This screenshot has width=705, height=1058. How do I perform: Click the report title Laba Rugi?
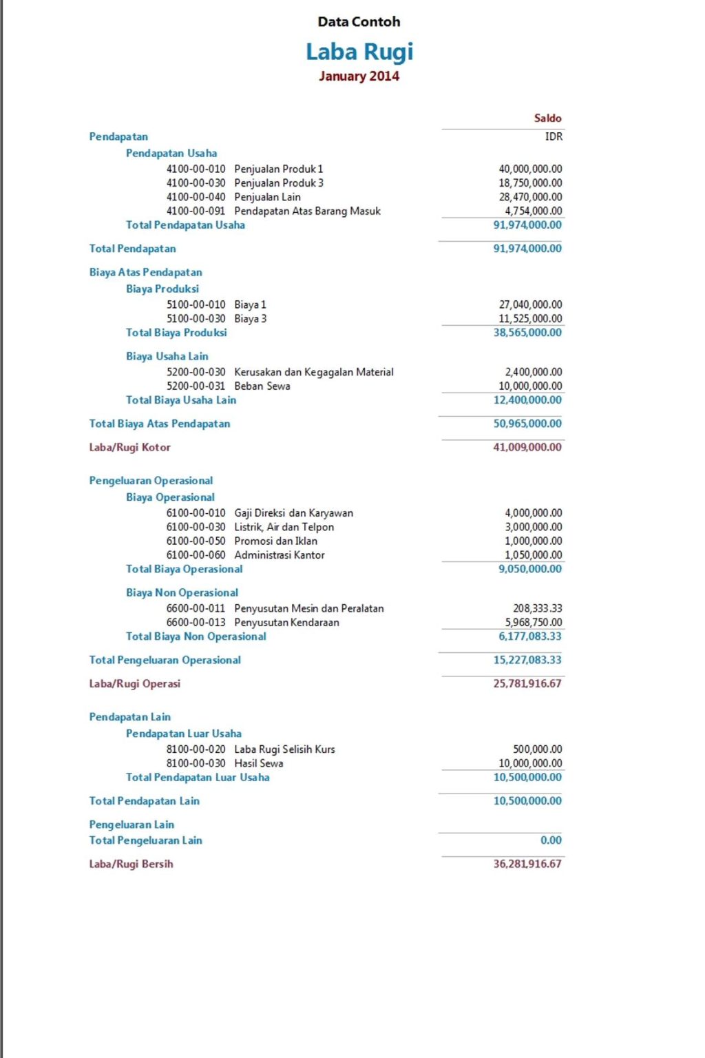pyautogui.click(x=359, y=52)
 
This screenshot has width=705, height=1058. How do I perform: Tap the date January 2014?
pyautogui.click(x=359, y=76)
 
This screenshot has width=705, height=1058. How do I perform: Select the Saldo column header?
pyautogui.click(x=547, y=118)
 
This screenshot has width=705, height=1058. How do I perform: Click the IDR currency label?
pyautogui.click(x=554, y=136)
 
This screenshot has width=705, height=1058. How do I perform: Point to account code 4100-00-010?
pyautogui.click(x=196, y=169)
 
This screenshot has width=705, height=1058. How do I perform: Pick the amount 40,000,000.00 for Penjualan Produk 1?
pyautogui.click(x=530, y=169)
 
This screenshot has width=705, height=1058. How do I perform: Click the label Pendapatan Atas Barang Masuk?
pyautogui.click(x=307, y=211)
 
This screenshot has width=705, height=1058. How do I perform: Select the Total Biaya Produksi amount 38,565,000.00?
pyautogui.click(x=527, y=333)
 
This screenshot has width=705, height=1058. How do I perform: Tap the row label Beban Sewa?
pyautogui.click(x=262, y=386)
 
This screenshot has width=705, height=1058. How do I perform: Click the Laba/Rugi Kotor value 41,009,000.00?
pyautogui.click(x=527, y=447)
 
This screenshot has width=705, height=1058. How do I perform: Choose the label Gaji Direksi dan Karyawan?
pyautogui.click(x=293, y=513)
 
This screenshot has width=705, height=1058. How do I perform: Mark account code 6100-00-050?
pyautogui.click(x=196, y=541)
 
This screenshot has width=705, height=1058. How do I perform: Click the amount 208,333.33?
pyautogui.click(x=537, y=608)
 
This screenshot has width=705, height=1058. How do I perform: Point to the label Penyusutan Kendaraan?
pyautogui.click(x=286, y=623)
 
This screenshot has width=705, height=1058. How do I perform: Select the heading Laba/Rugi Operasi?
pyautogui.click(x=134, y=684)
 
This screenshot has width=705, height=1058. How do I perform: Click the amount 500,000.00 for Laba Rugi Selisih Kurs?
pyautogui.click(x=537, y=749)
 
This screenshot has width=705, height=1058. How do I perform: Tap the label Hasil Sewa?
pyautogui.click(x=258, y=763)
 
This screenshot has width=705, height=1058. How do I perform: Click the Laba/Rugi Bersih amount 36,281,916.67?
pyautogui.click(x=527, y=864)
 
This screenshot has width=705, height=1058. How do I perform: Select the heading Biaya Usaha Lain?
pyautogui.click(x=167, y=356)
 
